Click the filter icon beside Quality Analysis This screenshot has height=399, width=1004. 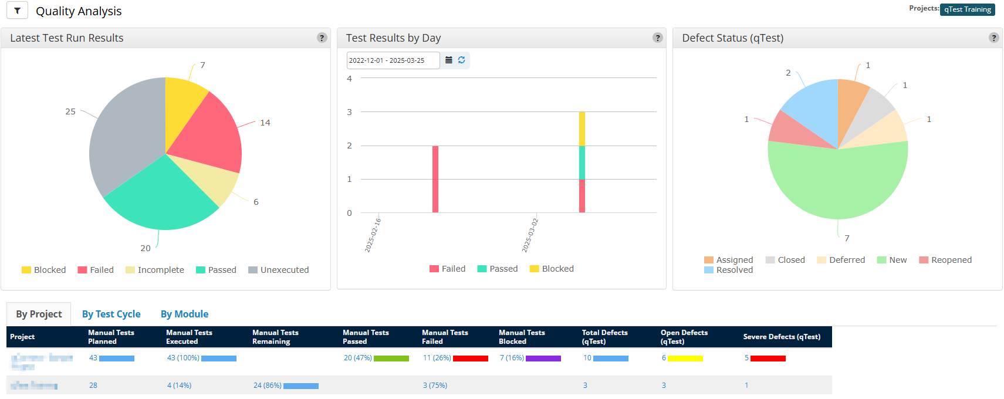pyautogui.click(x=17, y=11)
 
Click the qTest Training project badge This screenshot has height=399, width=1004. pyautogui.click(x=967, y=9)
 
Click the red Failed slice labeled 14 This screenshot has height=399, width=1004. pyautogui.click(x=211, y=135)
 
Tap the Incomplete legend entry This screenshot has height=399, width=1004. pyautogui.click(x=155, y=270)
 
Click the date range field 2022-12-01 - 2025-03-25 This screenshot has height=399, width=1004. pyautogui.click(x=392, y=60)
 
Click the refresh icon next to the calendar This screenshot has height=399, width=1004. pyautogui.click(x=462, y=60)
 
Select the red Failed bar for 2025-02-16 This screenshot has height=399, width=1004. pyautogui.click(x=435, y=179)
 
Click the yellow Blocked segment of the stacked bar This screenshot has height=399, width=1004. pyautogui.click(x=582, y=129)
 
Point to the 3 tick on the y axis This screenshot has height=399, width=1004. pyautogui.click(x=350, y=112)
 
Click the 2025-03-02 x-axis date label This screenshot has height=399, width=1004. pyautogui.click(x=530, y=235)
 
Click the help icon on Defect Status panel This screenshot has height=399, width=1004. pyautogui.click(x=993, y=38)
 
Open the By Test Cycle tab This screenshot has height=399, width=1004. pyautogui.click(x=111, y=314)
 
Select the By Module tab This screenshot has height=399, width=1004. pyautogui.click(x=184, y=314)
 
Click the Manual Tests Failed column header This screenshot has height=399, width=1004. pyautogui.click(x=445, y=337)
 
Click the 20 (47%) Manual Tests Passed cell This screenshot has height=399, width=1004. pyautogui.click(x=357, y=358)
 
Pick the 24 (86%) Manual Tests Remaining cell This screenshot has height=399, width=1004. pyautogui.click(x=267, y=386)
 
